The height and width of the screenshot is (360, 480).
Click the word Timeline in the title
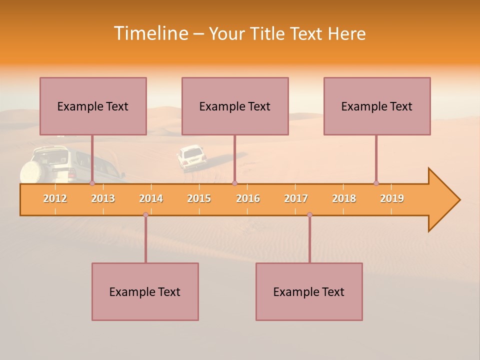click(x=150, y=33)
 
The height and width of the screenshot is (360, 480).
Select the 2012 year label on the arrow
click(x=55, y=198)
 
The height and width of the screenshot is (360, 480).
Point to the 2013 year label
click(x=103, y=198)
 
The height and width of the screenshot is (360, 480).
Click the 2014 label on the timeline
click(x=151, y=198)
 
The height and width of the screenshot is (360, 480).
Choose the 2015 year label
click(x=199, y=198)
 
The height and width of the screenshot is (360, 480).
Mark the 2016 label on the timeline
click(x=248, y=198)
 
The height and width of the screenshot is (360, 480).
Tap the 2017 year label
click(x=296, y=198)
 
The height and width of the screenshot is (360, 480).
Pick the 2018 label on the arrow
click(x=344, y=198)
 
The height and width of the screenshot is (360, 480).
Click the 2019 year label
click(x=392, y=198)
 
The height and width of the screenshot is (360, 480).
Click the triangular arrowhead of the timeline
click(x=442, y=200)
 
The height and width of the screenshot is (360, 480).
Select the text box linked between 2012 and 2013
click(x=93, y=106)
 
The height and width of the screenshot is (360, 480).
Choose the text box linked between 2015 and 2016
click(x=235, y=106)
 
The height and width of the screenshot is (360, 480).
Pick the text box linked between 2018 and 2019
click(x=377, y=106)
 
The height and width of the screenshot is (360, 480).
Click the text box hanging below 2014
click(x=145, y=291)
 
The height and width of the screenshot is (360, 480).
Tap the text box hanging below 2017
click(x=309, y=291)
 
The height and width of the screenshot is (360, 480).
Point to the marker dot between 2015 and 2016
click(x=234, y=183)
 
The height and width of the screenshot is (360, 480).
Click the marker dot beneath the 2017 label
click(x=309, y=215)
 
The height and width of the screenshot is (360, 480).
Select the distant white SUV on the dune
click(x=191, y=157)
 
